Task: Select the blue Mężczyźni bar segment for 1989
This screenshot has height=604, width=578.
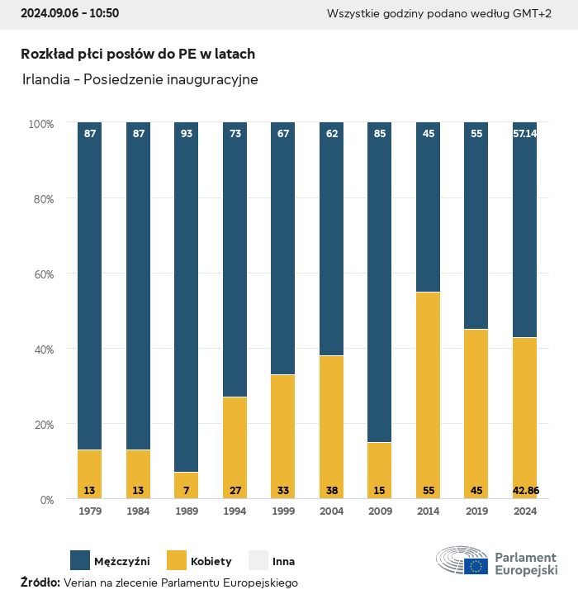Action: pyautogui.click(x=187, y=297)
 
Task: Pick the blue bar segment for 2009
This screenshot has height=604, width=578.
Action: pyautogui.click(x=379, y=281)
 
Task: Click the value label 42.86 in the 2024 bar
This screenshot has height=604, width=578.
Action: pyautogui.click(x=525, y=491)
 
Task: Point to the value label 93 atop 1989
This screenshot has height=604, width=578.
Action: pyautogui.click(x=187, y=133)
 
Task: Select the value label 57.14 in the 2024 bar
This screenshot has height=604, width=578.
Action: pyautogui.click(x=525, y=133)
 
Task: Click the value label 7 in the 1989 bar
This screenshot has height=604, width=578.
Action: pyautogui.click(x=187, y=491)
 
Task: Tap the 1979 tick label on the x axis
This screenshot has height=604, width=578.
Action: pyautogui.click(x=89, y=511)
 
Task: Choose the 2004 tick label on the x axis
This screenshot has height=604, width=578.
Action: pyautogui.click(x=331, y=511)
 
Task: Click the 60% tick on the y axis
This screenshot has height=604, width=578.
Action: pyautogui.click(x=41, y=274)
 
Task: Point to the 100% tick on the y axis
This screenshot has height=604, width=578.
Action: pyautogui.click(x=40, y=124)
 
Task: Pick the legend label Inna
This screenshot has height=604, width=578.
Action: pyautogui.click(x=283, y=562)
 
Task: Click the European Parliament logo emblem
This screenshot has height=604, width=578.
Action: pyautogui.click(x=462, y=560)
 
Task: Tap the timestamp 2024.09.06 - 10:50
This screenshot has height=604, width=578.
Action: pyautogui.click(x=69, y=13)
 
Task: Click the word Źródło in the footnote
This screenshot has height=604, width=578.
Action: pyautogui.click(x=40, y=583)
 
